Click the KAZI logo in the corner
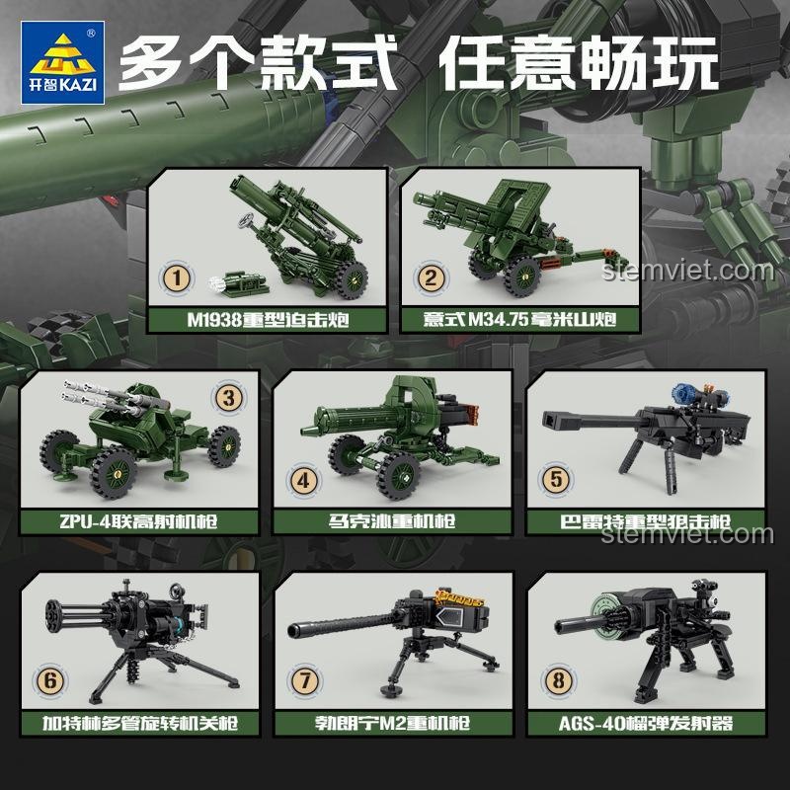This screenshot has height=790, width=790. click(x=62, y=62)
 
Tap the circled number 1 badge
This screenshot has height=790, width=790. click(x=177, y=278)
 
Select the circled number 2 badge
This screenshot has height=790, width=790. click(x=431, y=277)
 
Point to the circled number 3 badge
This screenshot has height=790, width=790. click(x=229, y=398)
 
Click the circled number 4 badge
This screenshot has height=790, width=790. click(x=303, y=480)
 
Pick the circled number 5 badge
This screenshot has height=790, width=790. click(x=556, y=480)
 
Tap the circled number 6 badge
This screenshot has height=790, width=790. click(x=50, y=681)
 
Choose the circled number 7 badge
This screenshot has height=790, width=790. click(x=304, y=681)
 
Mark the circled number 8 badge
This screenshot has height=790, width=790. click(x=558, y=681)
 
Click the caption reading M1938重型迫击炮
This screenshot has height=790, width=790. click(x=268, y=320)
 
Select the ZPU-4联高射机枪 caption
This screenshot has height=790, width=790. click(x=138, y=521)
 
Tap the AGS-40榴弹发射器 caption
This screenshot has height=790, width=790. click(x=646, y=724)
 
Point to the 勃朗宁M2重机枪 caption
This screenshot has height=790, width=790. click(x=392, y=724)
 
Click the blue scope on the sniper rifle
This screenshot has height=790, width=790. click(x=684, y=393)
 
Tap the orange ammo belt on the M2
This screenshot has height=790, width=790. click(x=459, y=598)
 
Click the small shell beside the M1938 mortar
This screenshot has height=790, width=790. click(x=238, y=282)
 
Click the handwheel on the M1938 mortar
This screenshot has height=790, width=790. click(x=246, y=220)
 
